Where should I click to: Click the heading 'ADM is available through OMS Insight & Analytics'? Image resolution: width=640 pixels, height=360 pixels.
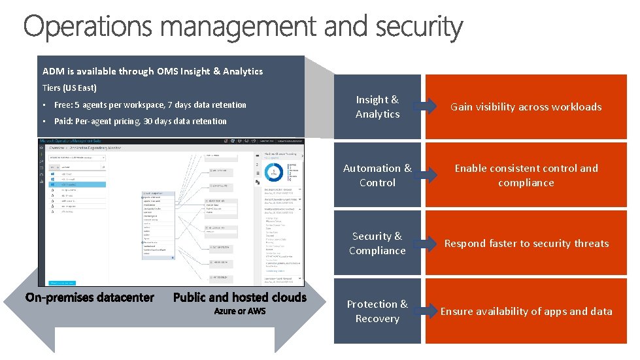(152, 71)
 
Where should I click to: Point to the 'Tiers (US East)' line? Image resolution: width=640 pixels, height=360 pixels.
(69, 88)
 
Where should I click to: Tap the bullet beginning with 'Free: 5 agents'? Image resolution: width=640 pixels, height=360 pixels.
(150, 105)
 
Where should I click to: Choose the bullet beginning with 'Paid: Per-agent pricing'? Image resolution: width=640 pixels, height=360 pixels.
(140, 121)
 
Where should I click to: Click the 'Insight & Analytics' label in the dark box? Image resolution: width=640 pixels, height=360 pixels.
(377, 106)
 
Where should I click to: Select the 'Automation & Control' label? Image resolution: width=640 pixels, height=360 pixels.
(377, 175)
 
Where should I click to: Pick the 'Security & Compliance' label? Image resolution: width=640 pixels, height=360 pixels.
(377, 243)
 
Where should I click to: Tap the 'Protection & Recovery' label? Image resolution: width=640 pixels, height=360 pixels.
(377, 311)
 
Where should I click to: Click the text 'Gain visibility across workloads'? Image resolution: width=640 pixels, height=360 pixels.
(526, 106)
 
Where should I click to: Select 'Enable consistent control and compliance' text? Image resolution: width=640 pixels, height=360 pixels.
(526, 175)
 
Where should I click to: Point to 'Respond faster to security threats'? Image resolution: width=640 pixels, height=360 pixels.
(526, 243)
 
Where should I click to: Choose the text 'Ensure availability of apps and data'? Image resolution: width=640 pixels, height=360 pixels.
(526, 311)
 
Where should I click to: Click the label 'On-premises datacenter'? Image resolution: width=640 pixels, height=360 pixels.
(90, 297)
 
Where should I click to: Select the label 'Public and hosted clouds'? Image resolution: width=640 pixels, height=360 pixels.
(239, 297)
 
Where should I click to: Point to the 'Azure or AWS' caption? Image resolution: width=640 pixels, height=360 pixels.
(240, 311)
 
